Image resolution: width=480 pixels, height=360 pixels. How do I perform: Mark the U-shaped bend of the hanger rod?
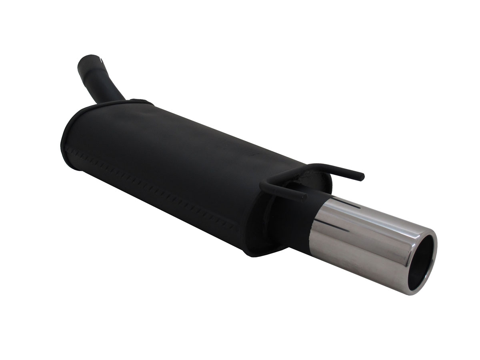(264, 185)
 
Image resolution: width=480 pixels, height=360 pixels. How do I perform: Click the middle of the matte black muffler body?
(180, 160)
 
